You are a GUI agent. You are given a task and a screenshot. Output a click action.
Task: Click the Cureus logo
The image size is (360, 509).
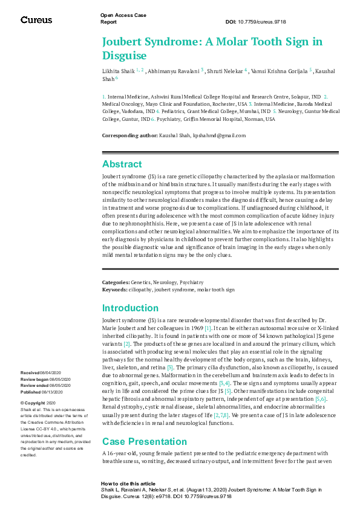(36, 20)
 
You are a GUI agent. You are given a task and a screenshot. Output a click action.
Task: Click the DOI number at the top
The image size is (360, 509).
(264, 22)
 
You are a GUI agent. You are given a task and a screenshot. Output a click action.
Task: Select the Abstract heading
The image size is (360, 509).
(122, 164)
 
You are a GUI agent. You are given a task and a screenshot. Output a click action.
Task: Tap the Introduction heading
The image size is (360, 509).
(130, 308)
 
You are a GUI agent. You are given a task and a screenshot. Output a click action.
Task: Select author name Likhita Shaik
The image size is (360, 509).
(118, 71)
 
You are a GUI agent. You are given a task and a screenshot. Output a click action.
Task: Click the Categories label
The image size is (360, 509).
(116, 282)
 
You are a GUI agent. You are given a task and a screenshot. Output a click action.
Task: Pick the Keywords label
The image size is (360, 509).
(114, 290)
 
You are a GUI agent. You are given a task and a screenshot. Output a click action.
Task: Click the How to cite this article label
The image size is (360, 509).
(128, 484)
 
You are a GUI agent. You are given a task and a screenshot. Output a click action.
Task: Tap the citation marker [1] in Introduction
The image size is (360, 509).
(208, 328)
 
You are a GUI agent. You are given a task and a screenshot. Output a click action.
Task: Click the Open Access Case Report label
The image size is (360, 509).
(123, 18)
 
